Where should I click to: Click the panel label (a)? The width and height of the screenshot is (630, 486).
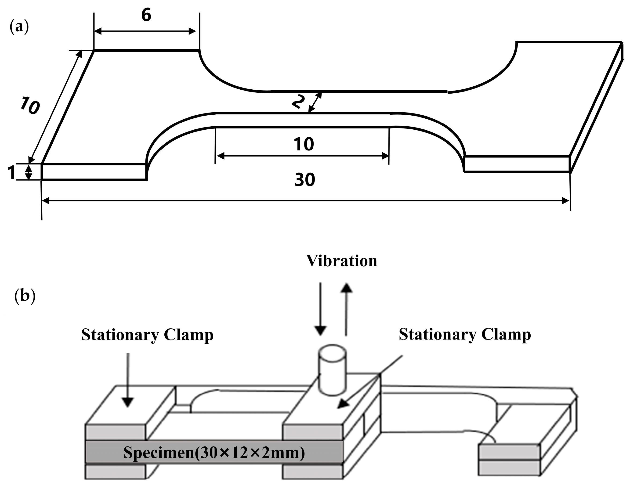[19, 27]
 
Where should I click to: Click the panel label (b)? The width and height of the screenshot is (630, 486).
[25, 297]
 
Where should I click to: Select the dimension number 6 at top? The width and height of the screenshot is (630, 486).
[146, 15]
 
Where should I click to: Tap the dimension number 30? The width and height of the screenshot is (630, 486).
[305, 179]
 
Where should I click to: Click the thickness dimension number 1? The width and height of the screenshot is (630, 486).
[11, 173]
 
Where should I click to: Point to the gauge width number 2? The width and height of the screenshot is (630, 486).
[299, 102]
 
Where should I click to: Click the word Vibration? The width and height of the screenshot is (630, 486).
[341, 261]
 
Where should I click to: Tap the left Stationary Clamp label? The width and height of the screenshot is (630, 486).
[147, 335]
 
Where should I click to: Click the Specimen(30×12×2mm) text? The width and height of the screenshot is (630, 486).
[214, 452]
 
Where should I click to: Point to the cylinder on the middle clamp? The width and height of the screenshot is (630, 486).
[332, 370]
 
